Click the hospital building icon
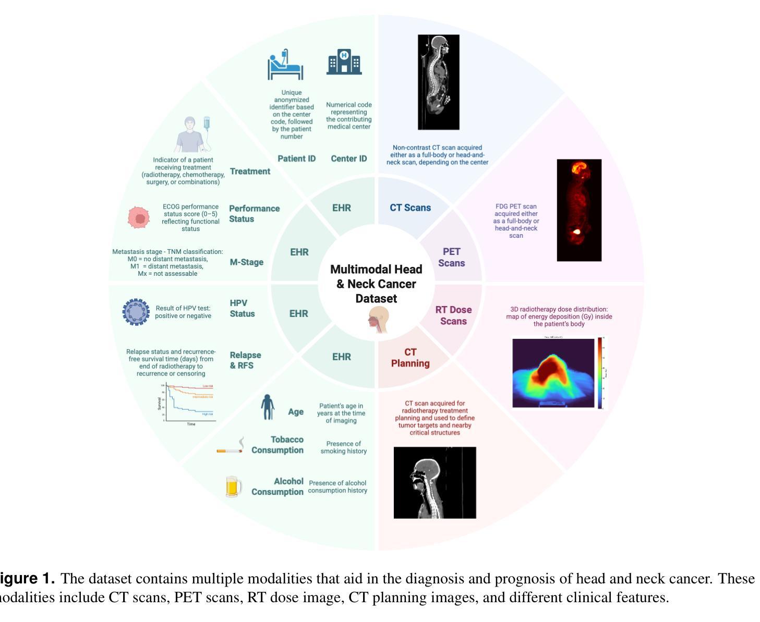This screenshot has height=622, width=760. point(344,62)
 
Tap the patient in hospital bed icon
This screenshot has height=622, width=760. point(285,65)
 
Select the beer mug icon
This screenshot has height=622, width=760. point(234,486)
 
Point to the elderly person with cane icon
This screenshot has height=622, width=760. point(268,407)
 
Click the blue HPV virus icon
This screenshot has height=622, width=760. point(136,312)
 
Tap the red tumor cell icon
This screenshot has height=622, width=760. point(139,217)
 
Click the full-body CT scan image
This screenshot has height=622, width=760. point(438,82)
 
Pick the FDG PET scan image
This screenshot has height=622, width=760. point(579,210)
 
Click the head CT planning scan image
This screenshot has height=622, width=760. point(435,482)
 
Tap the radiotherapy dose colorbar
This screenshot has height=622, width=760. point(600,373)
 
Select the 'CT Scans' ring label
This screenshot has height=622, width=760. point(410,208)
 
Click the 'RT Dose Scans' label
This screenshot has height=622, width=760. point(453,315)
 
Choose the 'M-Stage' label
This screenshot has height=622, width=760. point(246,262)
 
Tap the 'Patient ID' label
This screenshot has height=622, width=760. point(296,158)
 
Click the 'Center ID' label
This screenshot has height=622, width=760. point(348,158)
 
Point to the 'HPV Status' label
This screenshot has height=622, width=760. point(242,308)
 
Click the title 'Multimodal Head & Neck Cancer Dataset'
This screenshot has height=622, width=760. point(376,284)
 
